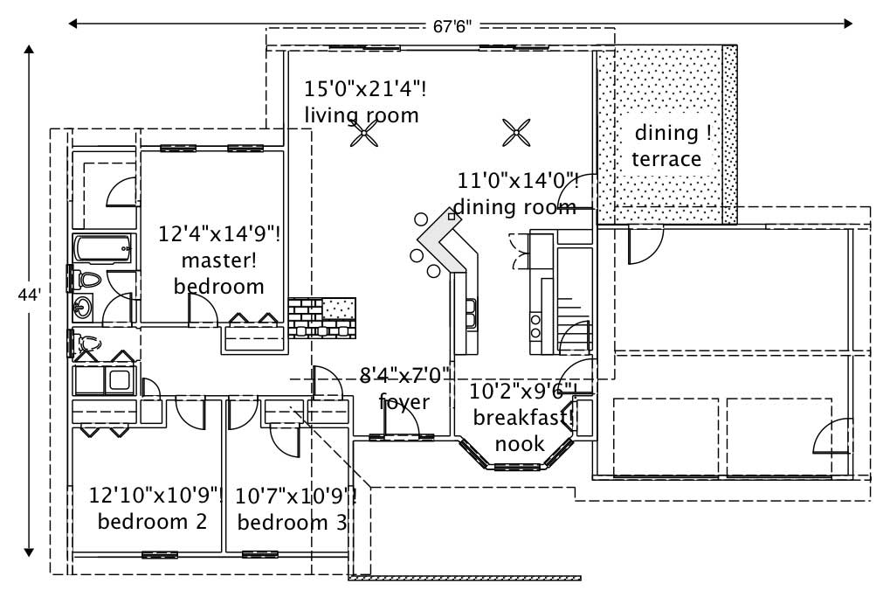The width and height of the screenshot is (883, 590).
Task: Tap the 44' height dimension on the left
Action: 29,295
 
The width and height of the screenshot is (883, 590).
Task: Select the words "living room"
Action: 361,115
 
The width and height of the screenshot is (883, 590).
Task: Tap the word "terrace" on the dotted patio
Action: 666,159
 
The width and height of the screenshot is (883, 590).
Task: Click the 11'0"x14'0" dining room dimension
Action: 517,181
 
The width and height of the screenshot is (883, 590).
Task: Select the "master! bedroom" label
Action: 218,273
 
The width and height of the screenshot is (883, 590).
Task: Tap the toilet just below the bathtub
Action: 87,281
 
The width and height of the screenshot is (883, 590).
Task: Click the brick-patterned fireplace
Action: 321,318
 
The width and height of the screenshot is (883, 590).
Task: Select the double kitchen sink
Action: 471,313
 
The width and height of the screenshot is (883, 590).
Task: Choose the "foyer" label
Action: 404,401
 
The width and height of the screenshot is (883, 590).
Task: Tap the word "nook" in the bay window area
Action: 520,443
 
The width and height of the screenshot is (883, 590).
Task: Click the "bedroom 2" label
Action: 152,522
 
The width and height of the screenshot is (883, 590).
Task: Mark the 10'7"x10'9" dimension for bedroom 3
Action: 295,496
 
